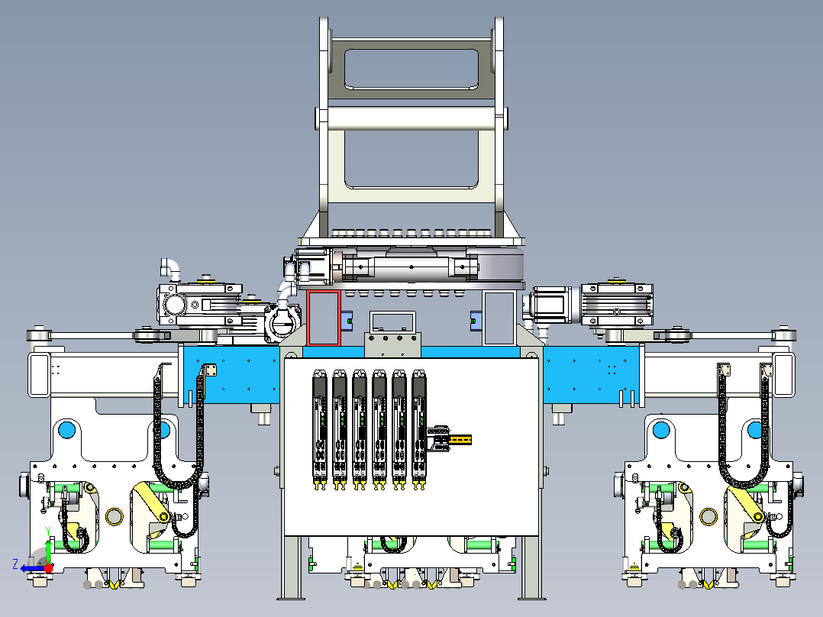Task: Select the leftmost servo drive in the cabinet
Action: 320,428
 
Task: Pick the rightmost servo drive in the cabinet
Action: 418,428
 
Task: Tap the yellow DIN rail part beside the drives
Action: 459,439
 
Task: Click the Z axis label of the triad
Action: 15,564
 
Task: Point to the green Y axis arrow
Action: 48,547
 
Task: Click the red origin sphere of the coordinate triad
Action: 49,567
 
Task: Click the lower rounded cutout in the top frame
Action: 411,159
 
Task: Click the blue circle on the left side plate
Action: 66,429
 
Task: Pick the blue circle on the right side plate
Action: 660,429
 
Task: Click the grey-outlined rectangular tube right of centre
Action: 499,318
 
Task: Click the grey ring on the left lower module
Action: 115,517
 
